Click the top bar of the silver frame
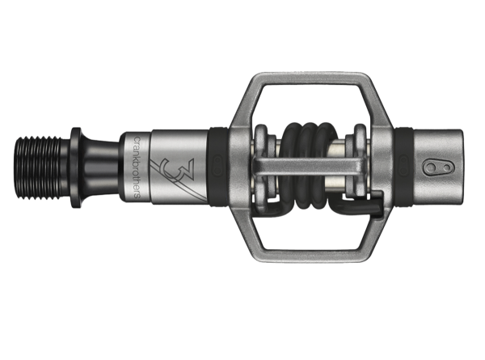click(x=306, y=81)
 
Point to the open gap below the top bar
click(x=306, y=105)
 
